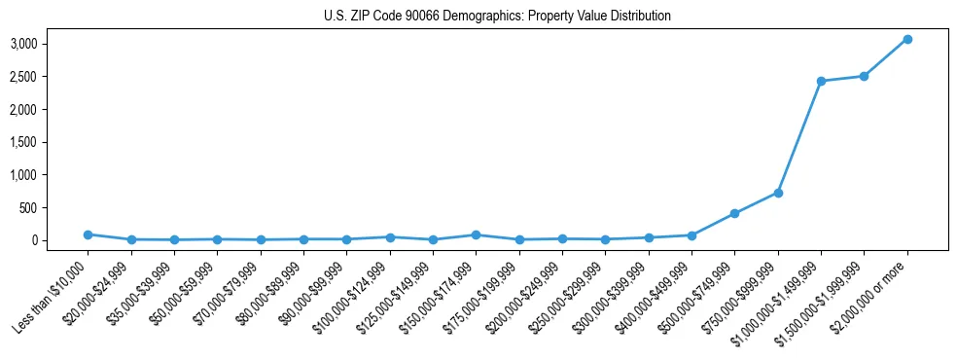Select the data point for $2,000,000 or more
[x=906, y=39]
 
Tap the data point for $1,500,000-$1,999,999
[x=864, y=76]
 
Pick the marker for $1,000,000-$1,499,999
[x=821, y=81]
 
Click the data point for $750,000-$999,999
[x=778, y=193]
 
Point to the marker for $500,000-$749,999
[x=734, y=213]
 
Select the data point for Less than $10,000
[x=88, y=234]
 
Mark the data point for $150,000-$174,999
[x=476, y=234]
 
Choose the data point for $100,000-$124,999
[x=389, y=237]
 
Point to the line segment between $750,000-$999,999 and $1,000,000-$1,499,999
[x=799, y=136]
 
